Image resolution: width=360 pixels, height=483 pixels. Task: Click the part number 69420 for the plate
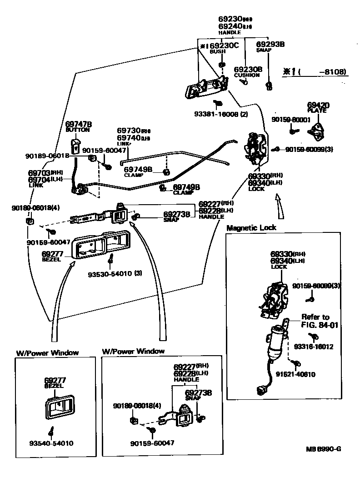tap(318, 105)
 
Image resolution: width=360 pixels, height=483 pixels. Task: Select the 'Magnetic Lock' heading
tap(251, 227)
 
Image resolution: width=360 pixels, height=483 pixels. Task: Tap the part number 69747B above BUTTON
tap(79, 124)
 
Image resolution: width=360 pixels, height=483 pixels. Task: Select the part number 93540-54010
tap(51, 443)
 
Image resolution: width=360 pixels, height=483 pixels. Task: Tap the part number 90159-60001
tap(291, 120)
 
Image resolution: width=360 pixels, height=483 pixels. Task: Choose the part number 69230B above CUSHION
tap(248, 69)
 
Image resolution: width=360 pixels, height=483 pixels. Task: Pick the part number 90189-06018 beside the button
tap(47, 156)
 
